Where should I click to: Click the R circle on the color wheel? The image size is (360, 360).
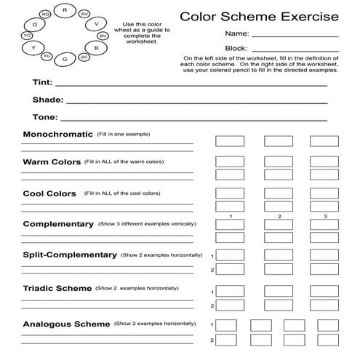[65, 9]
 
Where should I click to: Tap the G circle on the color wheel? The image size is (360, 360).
[65, 59]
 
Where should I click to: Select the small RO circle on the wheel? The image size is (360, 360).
[46, 15]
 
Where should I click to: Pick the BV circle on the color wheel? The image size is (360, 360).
[102, 35]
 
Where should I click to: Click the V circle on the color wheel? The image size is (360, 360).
[96, 23]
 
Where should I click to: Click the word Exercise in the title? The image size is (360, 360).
[308, 15]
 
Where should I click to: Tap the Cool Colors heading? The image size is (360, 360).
[49, 193]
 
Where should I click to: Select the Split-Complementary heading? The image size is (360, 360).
[70, 255]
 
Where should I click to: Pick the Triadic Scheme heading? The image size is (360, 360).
[57, 289]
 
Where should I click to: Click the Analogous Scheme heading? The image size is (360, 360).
[66, 324]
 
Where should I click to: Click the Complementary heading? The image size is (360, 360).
[58, 224]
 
